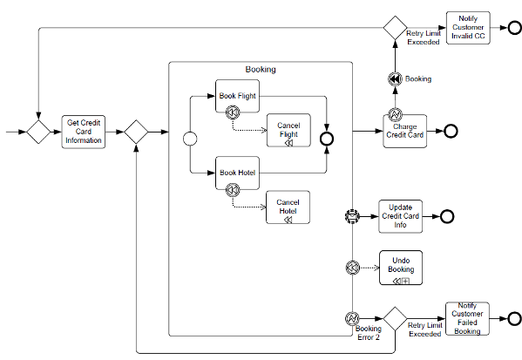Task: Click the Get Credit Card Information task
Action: (x=84, y=132)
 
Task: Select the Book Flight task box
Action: (x=237, y=96)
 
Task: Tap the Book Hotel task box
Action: (x=237, y=173)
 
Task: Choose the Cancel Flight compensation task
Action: (x=288, y=130)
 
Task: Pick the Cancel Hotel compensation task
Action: (x=288, y=207)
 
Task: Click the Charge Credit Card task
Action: (x=405, y=132)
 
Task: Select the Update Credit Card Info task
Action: (x=401, y=216)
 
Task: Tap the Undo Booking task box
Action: (x=401, y=268)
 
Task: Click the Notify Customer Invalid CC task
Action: (x=468, y=28)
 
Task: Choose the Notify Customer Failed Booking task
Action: (x=467, y=319)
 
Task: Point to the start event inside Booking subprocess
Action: (x=190, y=139)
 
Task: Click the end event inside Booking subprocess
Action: (x=327, y=139)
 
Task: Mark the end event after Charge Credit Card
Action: (x=451, y=132)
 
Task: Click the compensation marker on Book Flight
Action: (x=233, y=112)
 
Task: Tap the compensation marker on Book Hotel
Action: (x=233, y=190)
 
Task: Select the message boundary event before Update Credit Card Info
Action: (x=352, y=216)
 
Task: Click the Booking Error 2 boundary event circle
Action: (x=352, y=319)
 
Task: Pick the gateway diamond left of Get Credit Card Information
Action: (x=38, y=132)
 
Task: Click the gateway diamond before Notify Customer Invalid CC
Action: (x=395, y=28)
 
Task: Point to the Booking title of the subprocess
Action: (x=261, y=69)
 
